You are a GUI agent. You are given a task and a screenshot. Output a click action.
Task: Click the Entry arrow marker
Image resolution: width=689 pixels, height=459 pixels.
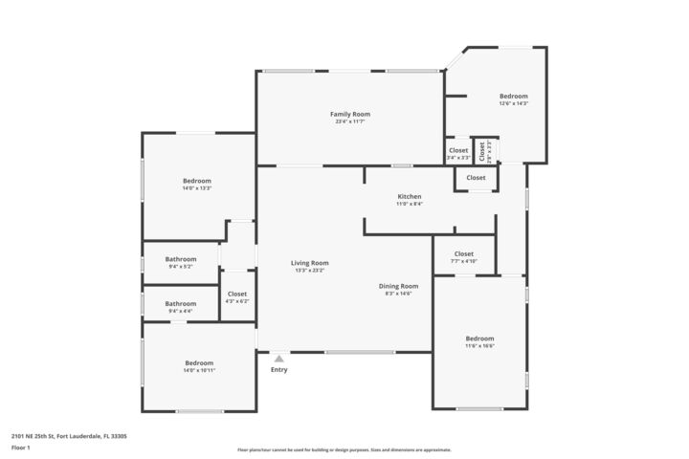pos(279,359)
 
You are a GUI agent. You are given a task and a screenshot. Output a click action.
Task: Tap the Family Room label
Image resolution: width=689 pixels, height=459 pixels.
pos(350,114)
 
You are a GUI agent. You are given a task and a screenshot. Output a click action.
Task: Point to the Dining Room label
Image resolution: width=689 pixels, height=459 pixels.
pos(398,286)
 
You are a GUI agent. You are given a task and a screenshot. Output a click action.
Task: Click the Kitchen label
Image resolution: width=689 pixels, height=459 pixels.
pos(410,197)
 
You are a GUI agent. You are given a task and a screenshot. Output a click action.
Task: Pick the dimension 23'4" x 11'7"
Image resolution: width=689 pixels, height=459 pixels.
pos(350,121)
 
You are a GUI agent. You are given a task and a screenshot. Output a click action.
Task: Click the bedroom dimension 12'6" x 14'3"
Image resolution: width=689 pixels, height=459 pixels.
pos(513,103)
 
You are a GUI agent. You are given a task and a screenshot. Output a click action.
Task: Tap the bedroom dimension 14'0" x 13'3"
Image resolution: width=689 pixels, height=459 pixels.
pos(197,188)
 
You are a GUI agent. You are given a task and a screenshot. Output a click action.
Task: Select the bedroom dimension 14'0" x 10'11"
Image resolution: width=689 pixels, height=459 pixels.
pos(199,370)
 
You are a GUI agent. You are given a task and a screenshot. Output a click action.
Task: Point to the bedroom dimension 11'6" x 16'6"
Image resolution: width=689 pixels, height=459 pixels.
pos(479,346)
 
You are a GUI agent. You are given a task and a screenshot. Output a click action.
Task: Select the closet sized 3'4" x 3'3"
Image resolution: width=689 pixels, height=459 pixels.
pos(458,157)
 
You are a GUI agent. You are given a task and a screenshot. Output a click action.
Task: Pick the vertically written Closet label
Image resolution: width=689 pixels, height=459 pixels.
pos(482,150)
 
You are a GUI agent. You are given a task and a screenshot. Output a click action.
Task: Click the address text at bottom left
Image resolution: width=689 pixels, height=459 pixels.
pos(69,436)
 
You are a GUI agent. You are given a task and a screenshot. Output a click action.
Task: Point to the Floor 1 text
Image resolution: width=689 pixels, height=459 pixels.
pos(21,448)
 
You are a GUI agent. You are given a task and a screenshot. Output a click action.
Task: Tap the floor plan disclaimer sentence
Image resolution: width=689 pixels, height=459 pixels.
pos(344,449)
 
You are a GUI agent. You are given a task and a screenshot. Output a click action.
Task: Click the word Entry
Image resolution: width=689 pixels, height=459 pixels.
pos(278,369)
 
